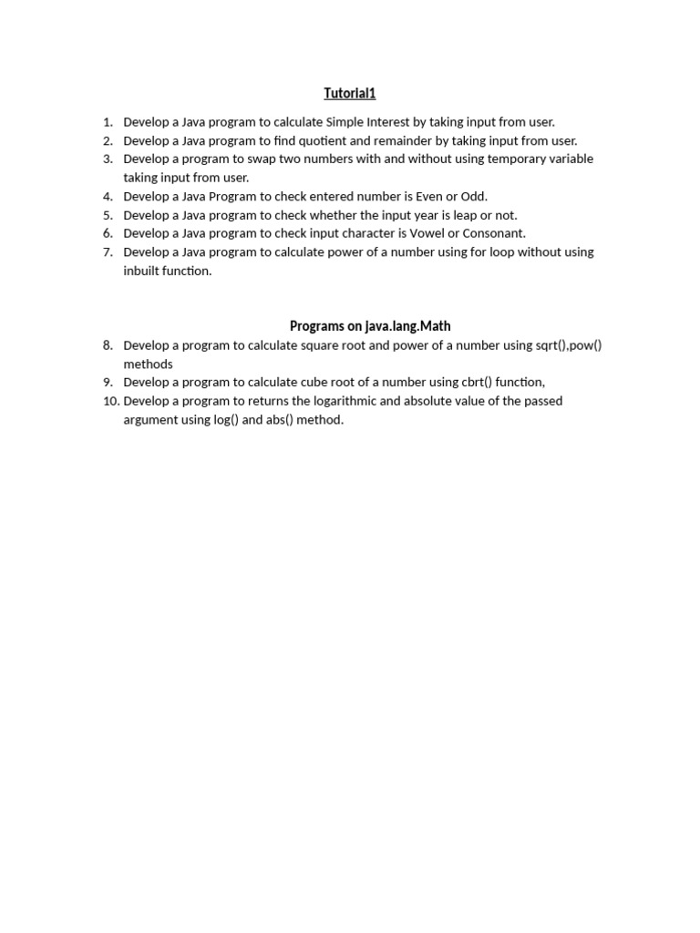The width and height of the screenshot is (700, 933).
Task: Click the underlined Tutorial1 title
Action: coord(350,93)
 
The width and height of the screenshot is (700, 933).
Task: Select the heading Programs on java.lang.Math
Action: coord(370,326)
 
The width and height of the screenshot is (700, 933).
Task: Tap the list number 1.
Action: coord(107,122)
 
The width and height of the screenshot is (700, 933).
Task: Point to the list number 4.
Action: coord(107,197)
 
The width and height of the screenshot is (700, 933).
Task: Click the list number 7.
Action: coord(107,252)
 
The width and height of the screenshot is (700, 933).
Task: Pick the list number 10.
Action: coord(110,401)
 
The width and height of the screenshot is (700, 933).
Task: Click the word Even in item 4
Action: coord(429,197)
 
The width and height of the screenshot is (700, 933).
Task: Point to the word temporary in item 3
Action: coord(507,159)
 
